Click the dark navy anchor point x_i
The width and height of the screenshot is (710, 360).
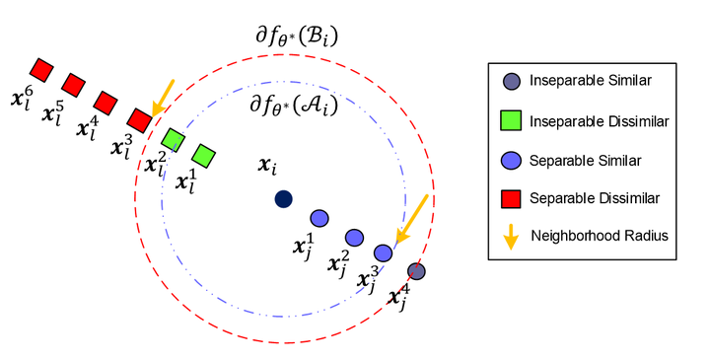pyautogui.click(x=283, y=198)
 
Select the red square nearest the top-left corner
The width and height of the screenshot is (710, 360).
pyautogui.click(x=40, y=69)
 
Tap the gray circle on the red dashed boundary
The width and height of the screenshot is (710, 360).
pyautogui.click(x=416, y=271)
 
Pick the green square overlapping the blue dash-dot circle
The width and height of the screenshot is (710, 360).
pyautogui.click(x=173, y=140)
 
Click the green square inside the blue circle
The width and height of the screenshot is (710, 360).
pyautogui.click(x=204, y=155)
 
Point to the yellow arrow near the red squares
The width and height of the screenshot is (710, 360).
pyautogui.click(x=160, y=98)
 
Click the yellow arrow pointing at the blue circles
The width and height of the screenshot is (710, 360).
pyautogui.click(x=412, y=220)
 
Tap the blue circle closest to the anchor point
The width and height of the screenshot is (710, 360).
pyautogui.click(x=319, y=217)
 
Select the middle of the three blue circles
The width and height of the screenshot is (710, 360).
pyautogui.click(x=353, y=237)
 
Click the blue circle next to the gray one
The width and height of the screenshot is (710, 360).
pyautogui.click(x=384, y=253)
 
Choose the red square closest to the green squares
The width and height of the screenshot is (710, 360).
pyautogui.click(x=139, y=119)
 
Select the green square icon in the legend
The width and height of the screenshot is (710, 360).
pyautogui.click(x=513, y=120)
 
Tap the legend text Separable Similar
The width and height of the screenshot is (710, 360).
pyautogui.click(x=580, y=159)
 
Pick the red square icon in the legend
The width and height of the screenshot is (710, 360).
pyautogui.click(x=513, y=197)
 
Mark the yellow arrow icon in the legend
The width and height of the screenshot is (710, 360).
pyautogui.click(x=513, y=236)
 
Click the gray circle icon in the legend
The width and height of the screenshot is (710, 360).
pyautogui.click(x=513, y=82)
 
